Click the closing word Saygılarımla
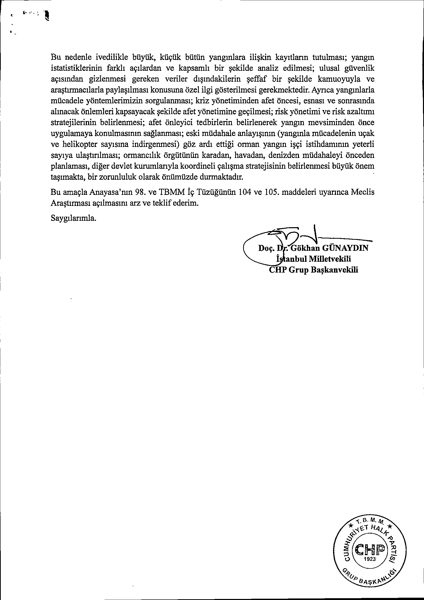(x=74, y=218)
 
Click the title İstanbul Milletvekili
(x=313, y=259)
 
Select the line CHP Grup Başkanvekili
(x=313, y=270)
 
